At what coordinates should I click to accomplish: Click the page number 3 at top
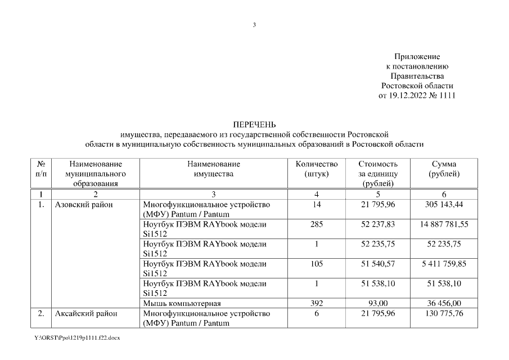pyautogui.click(x=254, y=24)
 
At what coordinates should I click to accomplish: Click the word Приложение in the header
pyautogui.click(x=417, y=57)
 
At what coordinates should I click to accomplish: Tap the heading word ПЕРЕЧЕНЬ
pyautogui.click(x=254, y=124)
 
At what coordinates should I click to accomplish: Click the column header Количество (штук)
pyautogui.click(x=316, y=169)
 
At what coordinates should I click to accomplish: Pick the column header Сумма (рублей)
pyautogui.click(x=444, y=169)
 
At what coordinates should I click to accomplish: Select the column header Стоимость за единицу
pyautogui.click(x=378, y=173)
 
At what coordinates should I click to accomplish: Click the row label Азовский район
pyautogui.click(x=83, y=205)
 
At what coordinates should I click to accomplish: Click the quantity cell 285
pyautogui.click(x=317, y=224)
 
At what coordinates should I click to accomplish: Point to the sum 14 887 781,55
pyautogui.click(x=444, y=224)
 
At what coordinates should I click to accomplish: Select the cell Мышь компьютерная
pyautogui.click(x=182, y=304)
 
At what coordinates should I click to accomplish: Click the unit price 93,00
pyautogui.click(x=378, y=304)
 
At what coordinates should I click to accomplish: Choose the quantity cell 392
pyautogui.click(x=317, y=304)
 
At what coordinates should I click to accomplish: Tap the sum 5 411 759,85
pyautogui.click(x=444, y=264)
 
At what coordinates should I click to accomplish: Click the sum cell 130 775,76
pyautogui.click(x=444, y=313)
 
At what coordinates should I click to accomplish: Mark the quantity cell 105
pyautogui.click(x=317, y=264)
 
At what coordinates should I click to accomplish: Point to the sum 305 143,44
pyautogui.click(x=444, y=205)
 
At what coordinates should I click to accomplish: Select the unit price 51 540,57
pyautogui.click(x=378, y=264)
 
